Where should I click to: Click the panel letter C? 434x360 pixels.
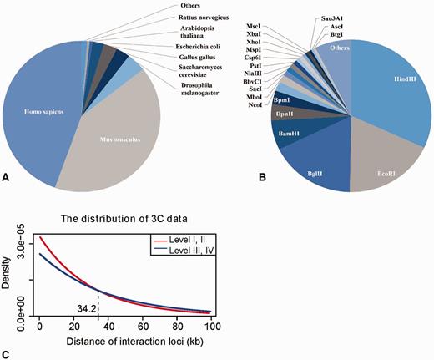point(7,354)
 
